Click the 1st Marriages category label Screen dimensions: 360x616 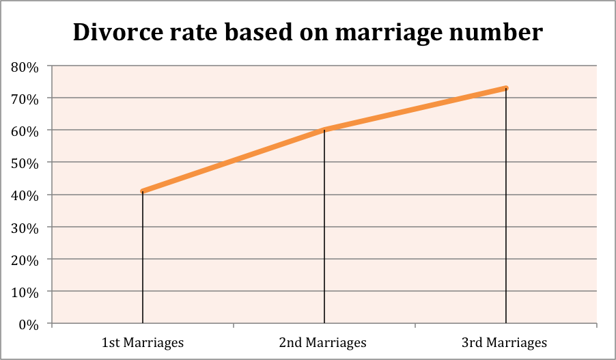point(143,342)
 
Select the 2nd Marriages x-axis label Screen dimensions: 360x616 point(324,342)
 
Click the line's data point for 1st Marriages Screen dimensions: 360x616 point(143,191)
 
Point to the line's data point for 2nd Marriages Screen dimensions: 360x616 point(324,129)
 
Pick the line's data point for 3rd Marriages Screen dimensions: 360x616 point(505,88)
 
